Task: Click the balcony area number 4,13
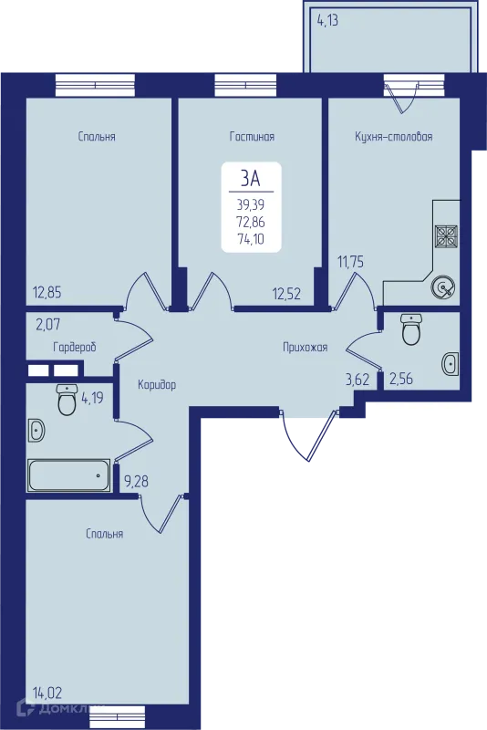point(327,21)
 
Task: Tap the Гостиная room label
point(252,136)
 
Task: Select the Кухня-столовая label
point(393,136)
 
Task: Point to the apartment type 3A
point(251,178)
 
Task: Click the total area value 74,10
point(251,239)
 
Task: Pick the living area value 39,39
point(251,204)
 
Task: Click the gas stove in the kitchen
point(446,236)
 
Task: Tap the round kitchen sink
point(443,288)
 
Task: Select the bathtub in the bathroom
point(69,475)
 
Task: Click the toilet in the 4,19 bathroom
point(67,400)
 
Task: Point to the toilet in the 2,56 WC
point(411,329)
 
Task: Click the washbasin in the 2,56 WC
point(451,363)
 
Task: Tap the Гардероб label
point(75,347)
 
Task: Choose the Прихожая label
point(306,348)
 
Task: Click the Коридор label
point(157,385)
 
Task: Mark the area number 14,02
point(47,693)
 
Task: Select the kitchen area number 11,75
point(350,262)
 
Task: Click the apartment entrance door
point(309,435)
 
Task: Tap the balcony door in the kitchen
point(401,98)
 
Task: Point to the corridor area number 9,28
point(136,482)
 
